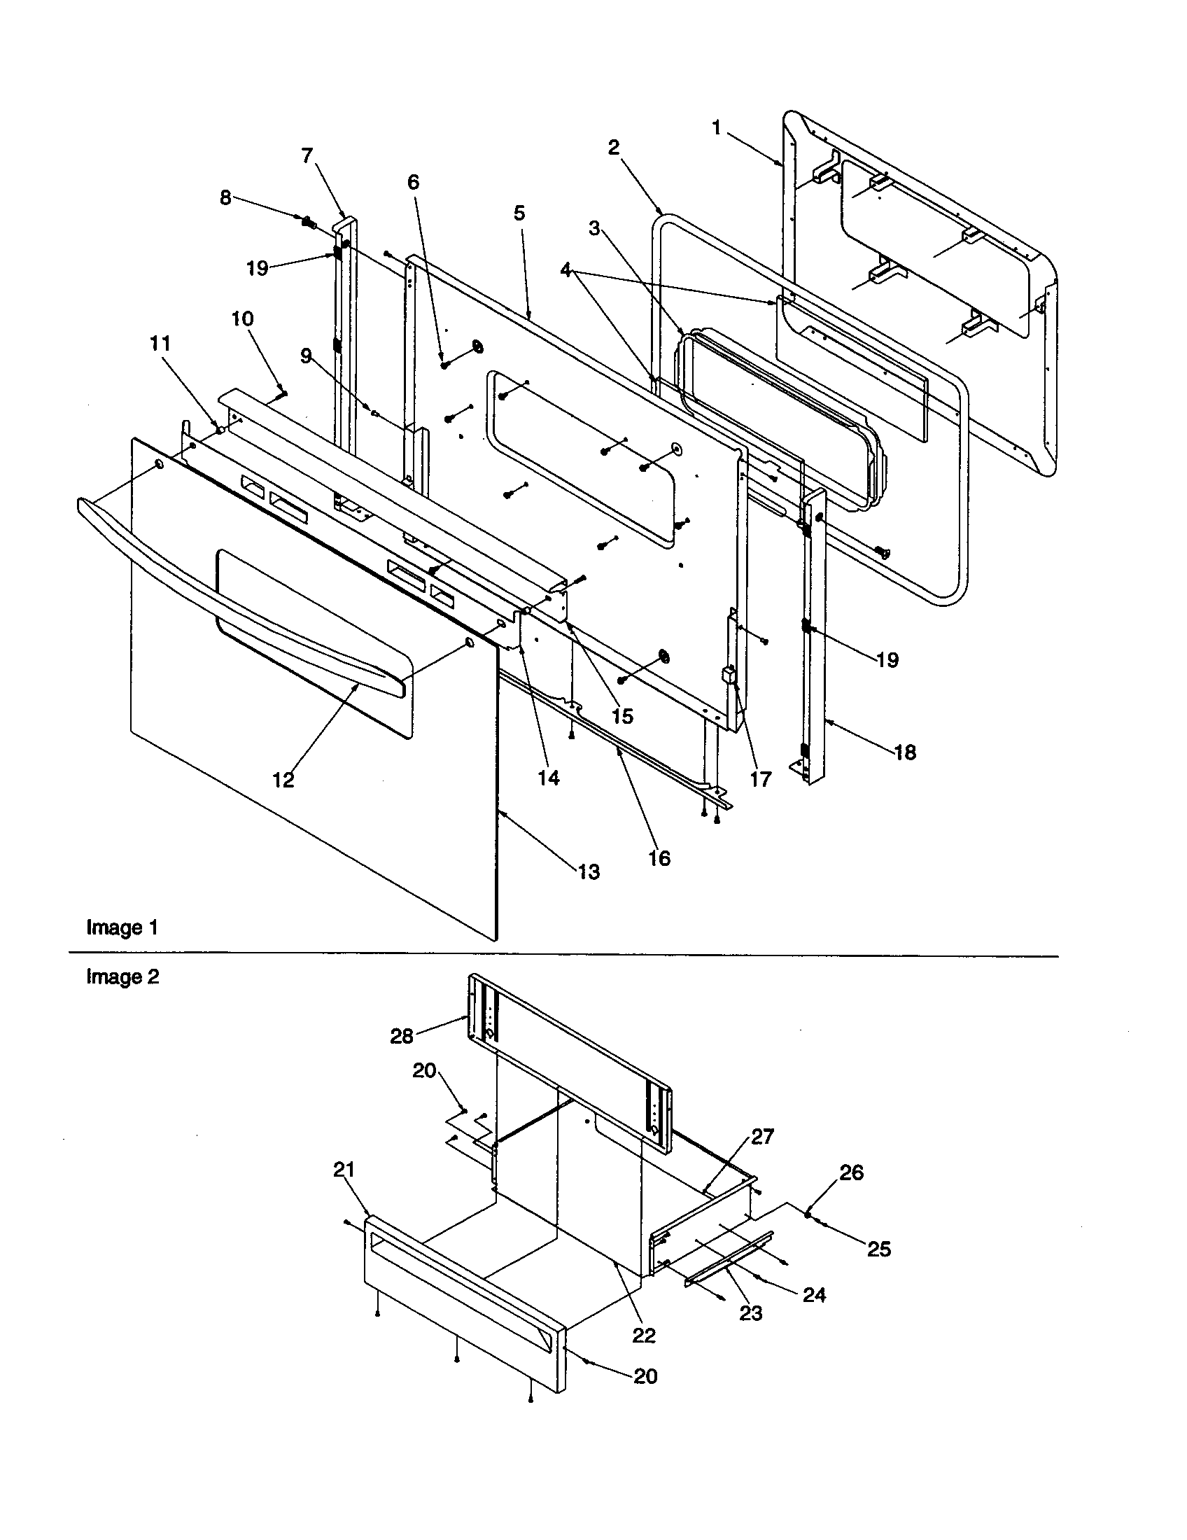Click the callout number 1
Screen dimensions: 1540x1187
716,128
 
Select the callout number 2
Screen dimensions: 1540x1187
613,148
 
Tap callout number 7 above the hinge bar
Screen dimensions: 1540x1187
307,155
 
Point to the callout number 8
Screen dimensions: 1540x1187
225,197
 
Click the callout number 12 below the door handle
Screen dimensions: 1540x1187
283,780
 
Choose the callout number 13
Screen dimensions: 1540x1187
589,872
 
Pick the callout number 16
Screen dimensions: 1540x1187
659,858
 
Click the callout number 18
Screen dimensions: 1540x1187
905,752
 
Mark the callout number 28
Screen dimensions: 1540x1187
402,1036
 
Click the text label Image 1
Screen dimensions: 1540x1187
122,928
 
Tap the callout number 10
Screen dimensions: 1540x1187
242,318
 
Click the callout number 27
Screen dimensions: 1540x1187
762,1136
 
